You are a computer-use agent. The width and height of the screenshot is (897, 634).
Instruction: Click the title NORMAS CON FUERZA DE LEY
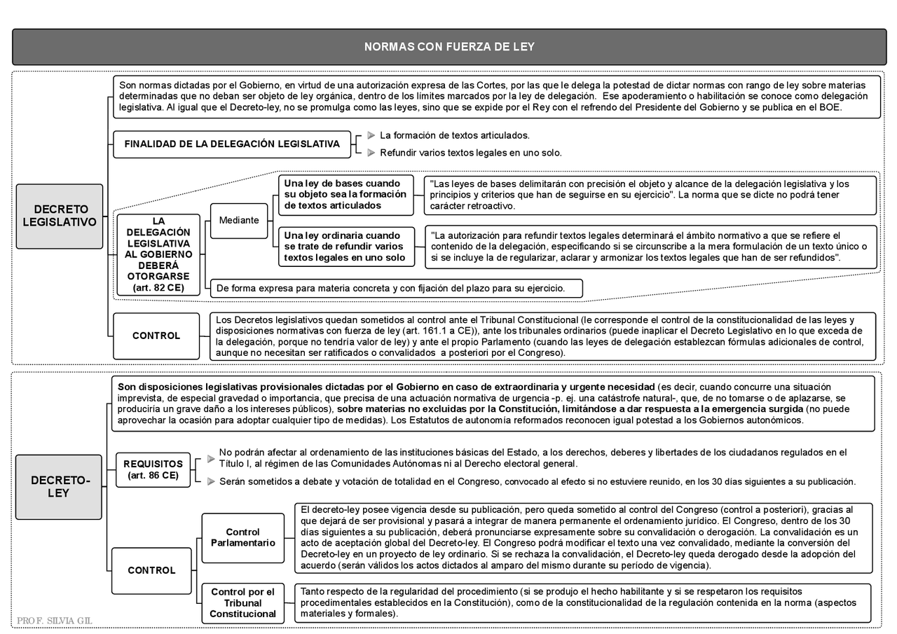448,47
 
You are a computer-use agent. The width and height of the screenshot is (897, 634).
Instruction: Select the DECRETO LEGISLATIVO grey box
60,216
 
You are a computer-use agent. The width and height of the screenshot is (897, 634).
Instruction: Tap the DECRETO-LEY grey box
60,487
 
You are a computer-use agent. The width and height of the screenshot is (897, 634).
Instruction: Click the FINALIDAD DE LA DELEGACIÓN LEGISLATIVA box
232,144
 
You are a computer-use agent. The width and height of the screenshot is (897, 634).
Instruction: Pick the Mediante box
239,220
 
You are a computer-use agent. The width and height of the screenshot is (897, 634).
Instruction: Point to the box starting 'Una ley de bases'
345,195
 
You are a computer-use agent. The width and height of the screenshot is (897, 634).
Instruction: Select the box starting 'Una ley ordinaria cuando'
345,247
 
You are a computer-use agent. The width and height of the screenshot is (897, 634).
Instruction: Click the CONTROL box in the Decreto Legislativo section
156,336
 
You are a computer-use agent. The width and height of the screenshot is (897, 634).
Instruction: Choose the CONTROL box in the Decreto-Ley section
151,570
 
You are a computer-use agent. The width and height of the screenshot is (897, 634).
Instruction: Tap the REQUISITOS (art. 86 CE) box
153,469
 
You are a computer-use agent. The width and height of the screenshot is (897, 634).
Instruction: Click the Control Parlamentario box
242,537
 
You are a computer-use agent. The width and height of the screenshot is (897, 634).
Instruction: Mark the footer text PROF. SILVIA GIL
55,621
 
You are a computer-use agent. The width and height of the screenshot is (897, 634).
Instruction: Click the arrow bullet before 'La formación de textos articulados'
371,135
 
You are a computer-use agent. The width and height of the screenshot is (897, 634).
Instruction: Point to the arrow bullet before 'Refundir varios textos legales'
371,153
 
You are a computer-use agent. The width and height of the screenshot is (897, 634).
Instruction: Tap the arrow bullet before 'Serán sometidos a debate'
211,481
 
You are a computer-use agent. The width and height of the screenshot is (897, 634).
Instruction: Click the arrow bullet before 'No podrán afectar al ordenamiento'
211,458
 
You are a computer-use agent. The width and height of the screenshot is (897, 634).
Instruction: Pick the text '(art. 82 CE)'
158,288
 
